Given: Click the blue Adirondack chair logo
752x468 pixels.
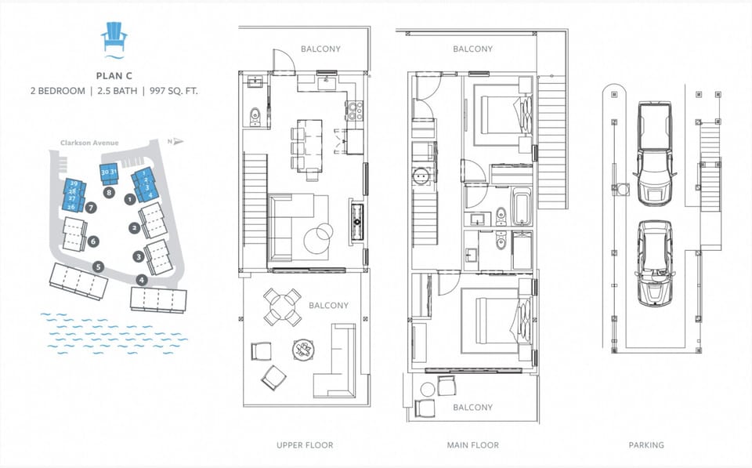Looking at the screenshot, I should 114,38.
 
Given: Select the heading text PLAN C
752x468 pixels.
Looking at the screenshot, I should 114,75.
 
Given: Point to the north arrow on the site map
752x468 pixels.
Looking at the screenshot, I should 176,142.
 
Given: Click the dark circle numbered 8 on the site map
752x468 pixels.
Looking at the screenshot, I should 109,191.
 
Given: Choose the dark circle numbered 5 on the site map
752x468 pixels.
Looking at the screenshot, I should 98,266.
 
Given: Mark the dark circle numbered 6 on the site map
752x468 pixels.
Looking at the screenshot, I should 93,242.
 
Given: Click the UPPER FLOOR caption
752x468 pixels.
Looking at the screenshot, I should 305,445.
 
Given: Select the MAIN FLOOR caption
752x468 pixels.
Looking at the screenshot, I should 472,445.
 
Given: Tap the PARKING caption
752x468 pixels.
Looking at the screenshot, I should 646,445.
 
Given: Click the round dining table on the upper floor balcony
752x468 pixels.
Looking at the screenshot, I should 282,307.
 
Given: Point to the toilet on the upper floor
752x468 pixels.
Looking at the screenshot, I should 253,118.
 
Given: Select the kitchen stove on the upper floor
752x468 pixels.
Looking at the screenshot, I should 354,112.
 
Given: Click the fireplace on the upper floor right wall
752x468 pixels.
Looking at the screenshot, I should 357,220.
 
